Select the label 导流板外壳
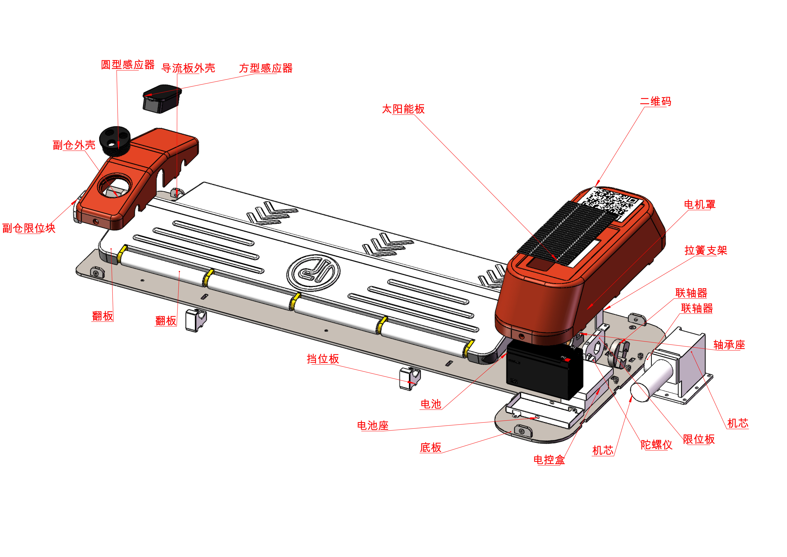(x=188, y=68)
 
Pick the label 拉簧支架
(x=706, y=250)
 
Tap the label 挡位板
(x=323, y=359)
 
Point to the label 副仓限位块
(x=29, y=228)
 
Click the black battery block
(x=544, y=370)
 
